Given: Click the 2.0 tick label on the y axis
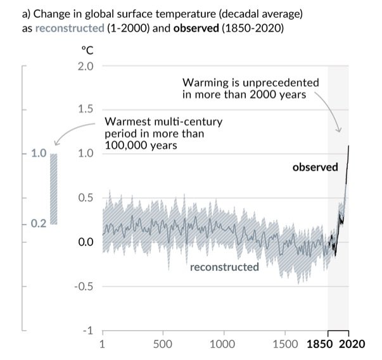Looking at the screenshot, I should click(86, 66).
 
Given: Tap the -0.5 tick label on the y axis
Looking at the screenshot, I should click(84, 286).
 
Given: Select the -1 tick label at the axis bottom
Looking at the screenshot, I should click(89, 330).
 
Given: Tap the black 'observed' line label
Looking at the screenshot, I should click(315, 168).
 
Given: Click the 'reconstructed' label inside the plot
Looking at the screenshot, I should click(224, 267).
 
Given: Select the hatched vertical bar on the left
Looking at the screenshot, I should click(54, 189).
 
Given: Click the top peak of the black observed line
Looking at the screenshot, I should click(348, 146).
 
